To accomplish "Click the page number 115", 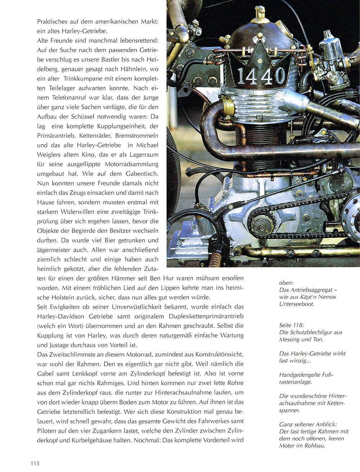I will point(34,463).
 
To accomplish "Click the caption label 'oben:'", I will point(286,283).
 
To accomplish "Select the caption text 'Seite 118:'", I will point(292,325).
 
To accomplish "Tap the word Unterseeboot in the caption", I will point(296,304).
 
